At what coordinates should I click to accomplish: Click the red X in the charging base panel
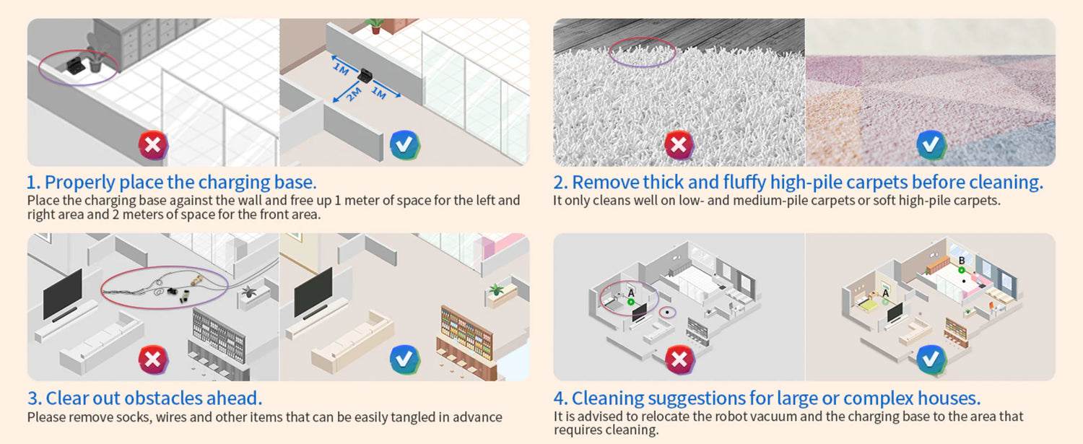pos(153,144)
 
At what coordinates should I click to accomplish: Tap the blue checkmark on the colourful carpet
pos(931,144)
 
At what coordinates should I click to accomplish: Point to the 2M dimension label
pos(355,95)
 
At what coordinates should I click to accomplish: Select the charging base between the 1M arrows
pos(365,76)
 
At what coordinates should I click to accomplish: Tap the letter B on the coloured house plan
pos(962,261)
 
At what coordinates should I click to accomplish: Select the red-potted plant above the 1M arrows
pos(375,26)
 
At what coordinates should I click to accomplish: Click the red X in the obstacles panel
pos(153,360)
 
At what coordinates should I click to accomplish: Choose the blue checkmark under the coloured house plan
pos(931,360)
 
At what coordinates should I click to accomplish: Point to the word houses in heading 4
pos(949,398)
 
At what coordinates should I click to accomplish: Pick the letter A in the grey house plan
pos(631,292)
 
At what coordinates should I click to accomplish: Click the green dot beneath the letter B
pos(962,270)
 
